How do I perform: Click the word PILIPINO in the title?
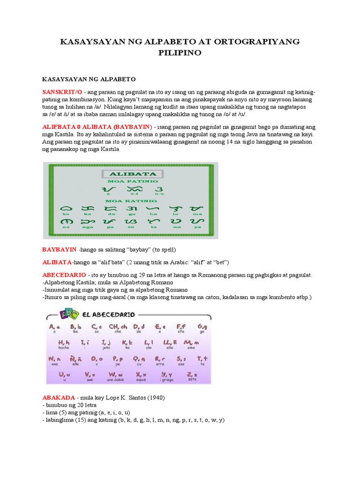tap(180, 53)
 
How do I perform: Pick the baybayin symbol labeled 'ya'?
tap(197, 220)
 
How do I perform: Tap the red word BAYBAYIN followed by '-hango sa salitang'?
tap(60, 249)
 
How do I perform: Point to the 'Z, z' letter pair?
tap(192, 375)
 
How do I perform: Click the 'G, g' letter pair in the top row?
tap(202, 326)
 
